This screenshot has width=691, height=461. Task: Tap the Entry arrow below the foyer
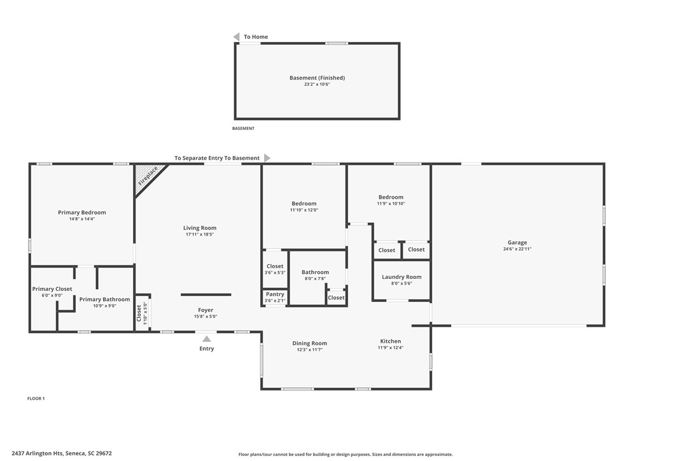(x=206, y=339)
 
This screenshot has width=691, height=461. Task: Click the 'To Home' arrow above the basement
(x=236, y=37)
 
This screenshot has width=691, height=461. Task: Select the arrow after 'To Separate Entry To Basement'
(x=267, y=158)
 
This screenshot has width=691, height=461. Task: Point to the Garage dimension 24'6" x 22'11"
(x=517, y=249)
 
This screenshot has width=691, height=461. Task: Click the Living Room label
(x=200, y=228)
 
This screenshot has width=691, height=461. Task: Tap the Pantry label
(x=275, y=294)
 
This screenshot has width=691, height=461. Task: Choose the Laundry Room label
(x=401, y=277)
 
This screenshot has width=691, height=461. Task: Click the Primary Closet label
(x=52, y=289)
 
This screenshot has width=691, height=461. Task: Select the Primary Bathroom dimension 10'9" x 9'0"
(x=104, y=306)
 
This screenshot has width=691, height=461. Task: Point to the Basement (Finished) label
(x=318, y=78)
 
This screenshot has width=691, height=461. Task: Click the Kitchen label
(x=391, y=341)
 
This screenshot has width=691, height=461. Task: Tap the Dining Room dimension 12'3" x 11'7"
(x=310, y=350)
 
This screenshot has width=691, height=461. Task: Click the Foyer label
(x=206, y=310)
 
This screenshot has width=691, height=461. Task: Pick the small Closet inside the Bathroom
(x=336, y=298)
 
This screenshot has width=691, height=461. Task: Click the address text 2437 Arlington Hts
(x=37, y=453)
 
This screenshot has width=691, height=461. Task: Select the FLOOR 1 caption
(x=36, y=399)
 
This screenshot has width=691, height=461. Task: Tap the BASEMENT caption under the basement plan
(x=243, y=129)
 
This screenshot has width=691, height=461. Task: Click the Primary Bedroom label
(x=82, y=213)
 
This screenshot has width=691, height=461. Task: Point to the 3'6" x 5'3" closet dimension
(x=275, y=273)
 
